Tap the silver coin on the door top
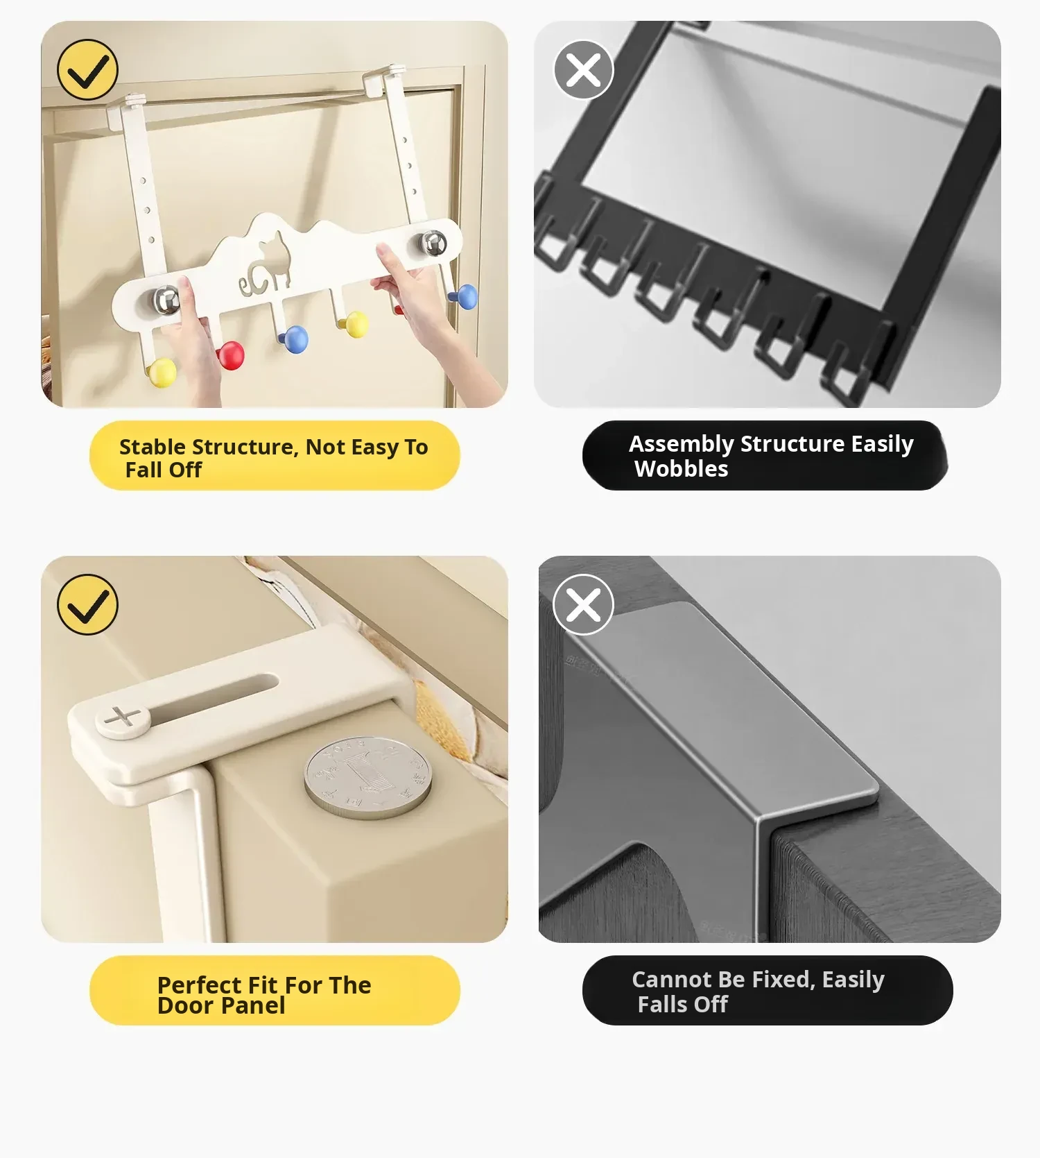click(367, 777)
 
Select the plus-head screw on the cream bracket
click(123, 719)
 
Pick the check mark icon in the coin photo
click(88, 604)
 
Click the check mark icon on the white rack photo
click(88, 69)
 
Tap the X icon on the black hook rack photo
click(584, 69)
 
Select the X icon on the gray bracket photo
click(584, 604)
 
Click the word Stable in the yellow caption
click(152, 447)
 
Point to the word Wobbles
click(682, 469)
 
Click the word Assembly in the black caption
click(682, 445)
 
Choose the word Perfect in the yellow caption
click(200, 985)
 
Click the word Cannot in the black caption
click(672, 980)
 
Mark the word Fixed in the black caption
click(783, 980)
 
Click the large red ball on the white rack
click(231, 355)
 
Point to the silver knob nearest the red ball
click(166, 299)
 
